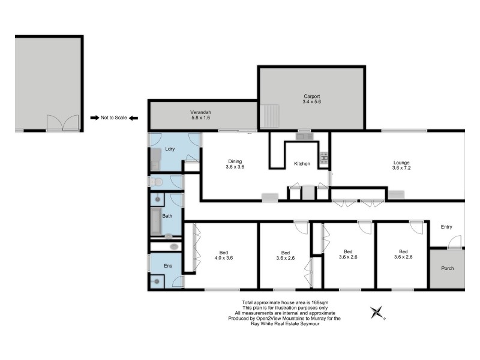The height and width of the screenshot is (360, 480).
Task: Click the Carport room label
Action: pos(311,96)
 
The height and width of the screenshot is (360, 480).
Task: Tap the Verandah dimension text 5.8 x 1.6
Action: pos(200,119)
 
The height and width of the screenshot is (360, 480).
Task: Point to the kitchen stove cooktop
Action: pos(324,158)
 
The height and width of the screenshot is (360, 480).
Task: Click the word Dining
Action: pos(235,160)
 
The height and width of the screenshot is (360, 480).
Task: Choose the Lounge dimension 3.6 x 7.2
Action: pos(401,169)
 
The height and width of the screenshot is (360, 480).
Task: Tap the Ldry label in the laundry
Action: pos(170,149)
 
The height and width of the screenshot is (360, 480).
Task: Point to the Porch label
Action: pos(447,268)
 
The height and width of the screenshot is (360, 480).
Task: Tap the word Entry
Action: pos(446,227)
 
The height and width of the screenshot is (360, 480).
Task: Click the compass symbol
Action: pos(377,312)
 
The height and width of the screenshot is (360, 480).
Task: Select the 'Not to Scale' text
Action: pos(114,118)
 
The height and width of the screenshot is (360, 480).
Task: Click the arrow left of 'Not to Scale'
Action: pos(94,118)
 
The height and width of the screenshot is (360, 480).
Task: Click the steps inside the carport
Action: pos(270,115)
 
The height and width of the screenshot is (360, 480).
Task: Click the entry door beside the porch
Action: pos(455,242)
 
